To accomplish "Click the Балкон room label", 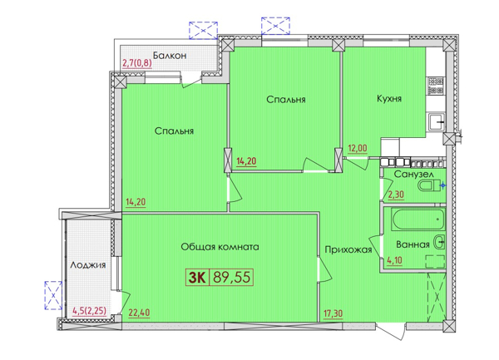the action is pyautogui.click(x=170, y=56).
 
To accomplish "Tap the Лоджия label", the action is pyautogui.click(x=88, y=264).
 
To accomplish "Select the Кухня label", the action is pyautogui.click(x=389, y=98).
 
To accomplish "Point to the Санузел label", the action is pyautogui.click(x=413, y=175).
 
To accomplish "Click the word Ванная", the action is pyautogui.click(x=413, y=244).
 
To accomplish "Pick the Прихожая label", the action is pyautogui.click(x=348, y=249).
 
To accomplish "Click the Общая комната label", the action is pyautogui.click(x=220, y=247).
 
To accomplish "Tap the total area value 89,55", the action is pyautogui.click(x=231, y=278).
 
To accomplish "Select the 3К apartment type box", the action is pyautogui.click(x=197, y=278).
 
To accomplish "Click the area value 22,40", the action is pyautogui.click(x=139, y=313).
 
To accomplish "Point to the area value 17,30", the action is pyautogui.click(x=333, y=313).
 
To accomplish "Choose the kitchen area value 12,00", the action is pyautogui.click(x=357, y=148).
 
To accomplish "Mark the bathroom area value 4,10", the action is pyautogui.click(x=394, y=260).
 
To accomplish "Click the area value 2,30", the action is pyautogui.click(x=396, y=194).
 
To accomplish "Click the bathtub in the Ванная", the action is pyautogui.click(x=418, y=219).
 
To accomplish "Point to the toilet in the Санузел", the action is pyautogui.click(x=429, y=185).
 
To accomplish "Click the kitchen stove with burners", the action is pyautogui.click(x=436, y=86).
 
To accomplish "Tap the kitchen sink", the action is pyautogui.click(x=437, y=122).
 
